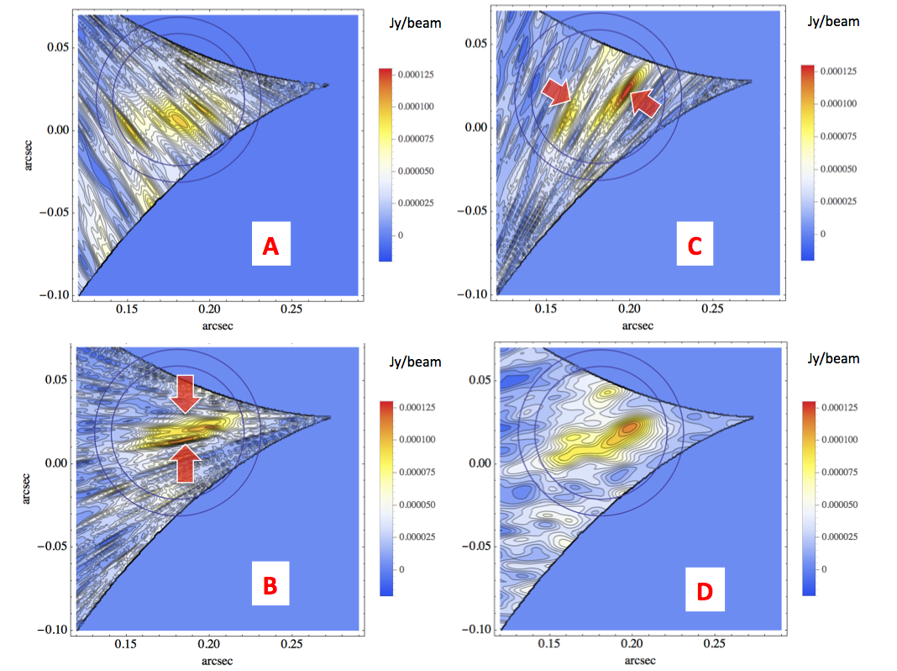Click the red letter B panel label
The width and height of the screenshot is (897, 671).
click(x=270, y=585)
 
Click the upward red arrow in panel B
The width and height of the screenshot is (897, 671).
click(x=187, y=462)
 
